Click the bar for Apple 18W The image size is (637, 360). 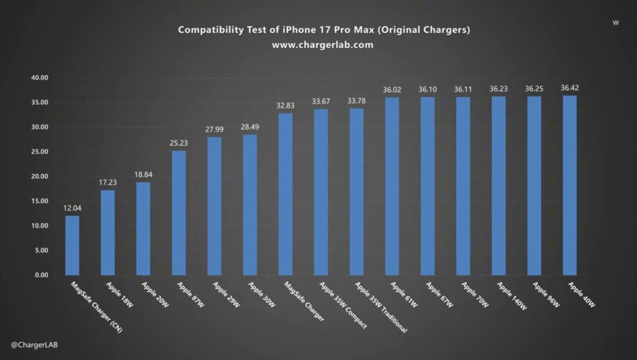(x=108, y=233)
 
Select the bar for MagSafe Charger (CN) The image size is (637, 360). (x=72, y=246)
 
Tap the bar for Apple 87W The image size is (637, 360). (x=179, y=213)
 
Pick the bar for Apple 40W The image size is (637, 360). (x=569, y=185)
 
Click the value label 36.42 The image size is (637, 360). (x=569, y=88)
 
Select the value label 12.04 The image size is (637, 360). (x=72, y=208)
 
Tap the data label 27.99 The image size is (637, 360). (x=214, y=129)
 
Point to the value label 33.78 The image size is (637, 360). (x=356, y=101)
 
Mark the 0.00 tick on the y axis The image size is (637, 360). (x=41, y=275)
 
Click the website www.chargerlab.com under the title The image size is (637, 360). (x=322, y=45)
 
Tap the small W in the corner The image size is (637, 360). (x=615, y=23)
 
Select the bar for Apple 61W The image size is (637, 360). (x=392, y=186)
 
